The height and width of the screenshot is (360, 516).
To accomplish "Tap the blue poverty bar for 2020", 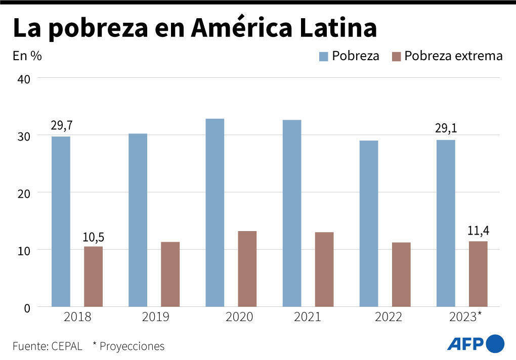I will point(215,212).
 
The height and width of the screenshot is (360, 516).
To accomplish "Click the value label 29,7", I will point(61,125).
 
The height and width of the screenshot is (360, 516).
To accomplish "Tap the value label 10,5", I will point(93,237).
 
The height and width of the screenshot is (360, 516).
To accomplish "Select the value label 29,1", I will point(446,128).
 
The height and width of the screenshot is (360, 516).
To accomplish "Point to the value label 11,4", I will point(478,231).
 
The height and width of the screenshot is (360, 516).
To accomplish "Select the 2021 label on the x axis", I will point(307,318).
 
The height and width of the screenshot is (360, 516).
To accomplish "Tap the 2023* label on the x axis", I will point(465,318).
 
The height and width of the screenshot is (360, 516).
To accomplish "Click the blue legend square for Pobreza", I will point(323,56).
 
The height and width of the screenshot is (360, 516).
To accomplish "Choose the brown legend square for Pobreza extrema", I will point(396,56).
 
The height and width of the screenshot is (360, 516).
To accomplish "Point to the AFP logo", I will point(476,344).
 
